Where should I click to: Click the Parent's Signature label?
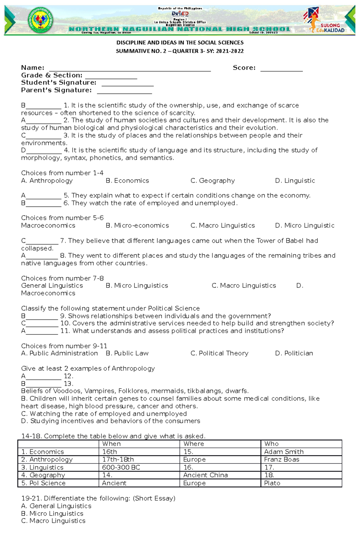(56, 90)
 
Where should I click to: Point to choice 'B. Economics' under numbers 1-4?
(127, 181)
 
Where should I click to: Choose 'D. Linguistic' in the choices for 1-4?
(295, 181)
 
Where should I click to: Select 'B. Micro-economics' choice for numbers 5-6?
(137, 225)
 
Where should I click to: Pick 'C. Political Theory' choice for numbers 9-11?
(219, 353)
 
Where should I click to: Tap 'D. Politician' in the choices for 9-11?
(294, 353)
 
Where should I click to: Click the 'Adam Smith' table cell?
(284, 452)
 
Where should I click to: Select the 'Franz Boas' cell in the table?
(281, 459)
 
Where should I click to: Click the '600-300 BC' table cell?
(121, 467)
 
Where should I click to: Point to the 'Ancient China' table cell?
(205, 475)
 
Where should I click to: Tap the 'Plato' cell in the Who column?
(272, 483)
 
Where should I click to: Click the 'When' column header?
(111, 444)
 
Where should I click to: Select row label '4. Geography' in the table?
(43, 475)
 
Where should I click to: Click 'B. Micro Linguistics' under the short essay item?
(52, 513)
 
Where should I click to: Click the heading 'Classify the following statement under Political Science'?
(110, 308)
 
